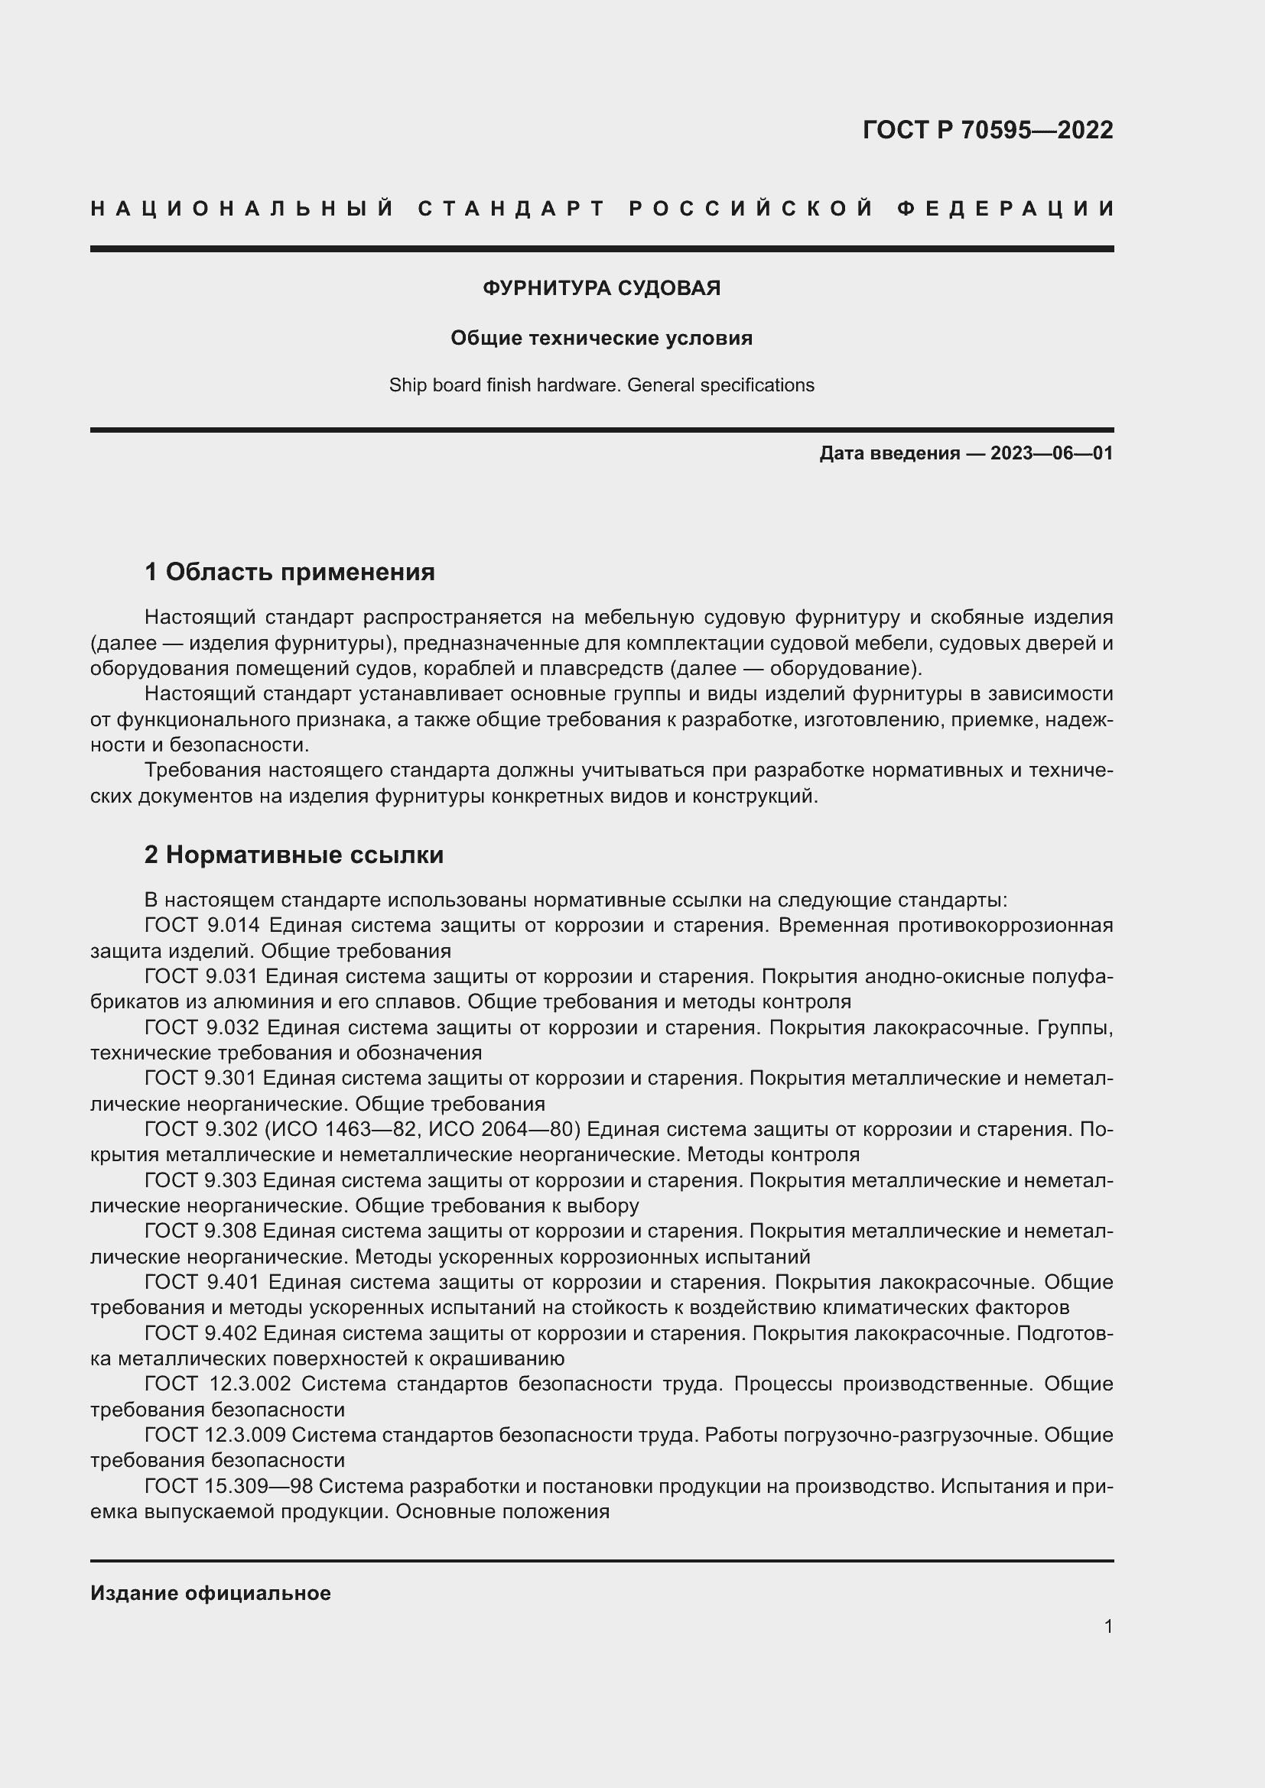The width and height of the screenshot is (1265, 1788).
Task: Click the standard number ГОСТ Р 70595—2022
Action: [x=987, y=130]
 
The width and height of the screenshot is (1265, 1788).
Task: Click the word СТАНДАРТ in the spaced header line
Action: [x=512, y=209]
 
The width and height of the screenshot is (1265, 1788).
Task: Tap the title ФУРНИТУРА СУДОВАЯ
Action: [x=601, y=288]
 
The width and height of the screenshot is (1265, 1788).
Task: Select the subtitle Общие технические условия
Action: [x=601, y=338]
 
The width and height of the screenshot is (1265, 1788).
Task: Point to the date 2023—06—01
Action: [x=1051, y=453]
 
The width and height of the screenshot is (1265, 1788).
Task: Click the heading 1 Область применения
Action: [x=289, y=573]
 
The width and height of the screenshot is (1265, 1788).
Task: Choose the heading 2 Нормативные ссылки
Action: [x=294, y=855]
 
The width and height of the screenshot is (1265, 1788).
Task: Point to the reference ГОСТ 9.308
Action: [x=201, y=1231]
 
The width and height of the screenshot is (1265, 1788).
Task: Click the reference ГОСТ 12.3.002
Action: [x=217, y=1384]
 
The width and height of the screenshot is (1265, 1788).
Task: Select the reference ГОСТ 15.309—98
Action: [x=228, y=1486]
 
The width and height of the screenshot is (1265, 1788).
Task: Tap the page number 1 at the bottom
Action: [x=1107, y=1626]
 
